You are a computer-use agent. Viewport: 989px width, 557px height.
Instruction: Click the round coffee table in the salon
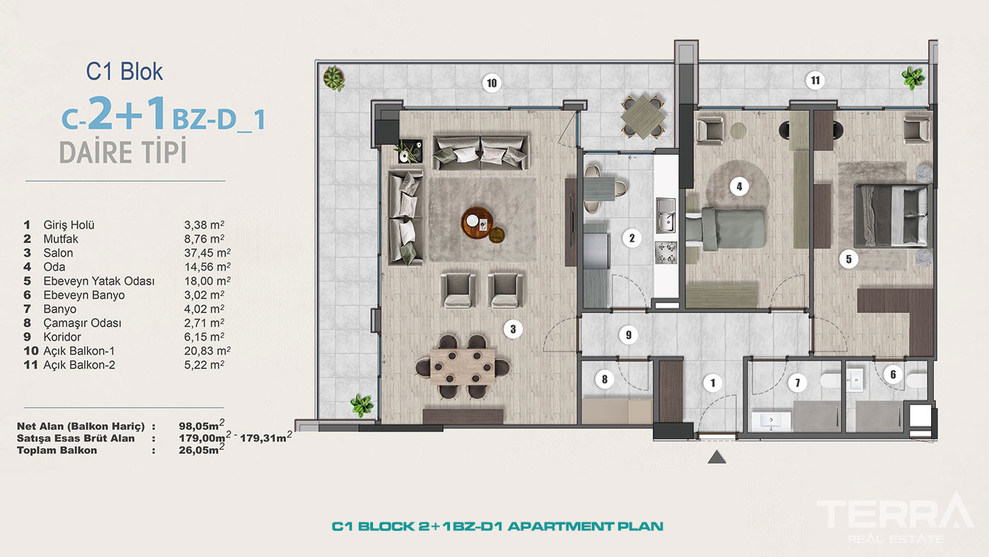(476, 222)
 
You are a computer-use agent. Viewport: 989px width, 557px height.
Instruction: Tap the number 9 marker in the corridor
(628, 335)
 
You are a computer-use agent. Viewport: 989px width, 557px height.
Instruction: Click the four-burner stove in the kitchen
(665, 253)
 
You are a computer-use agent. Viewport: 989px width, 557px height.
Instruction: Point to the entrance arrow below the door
(716, 457)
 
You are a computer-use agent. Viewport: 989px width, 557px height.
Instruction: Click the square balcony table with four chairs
(642, 117)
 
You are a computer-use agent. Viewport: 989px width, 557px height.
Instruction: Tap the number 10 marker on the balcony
(492, 83)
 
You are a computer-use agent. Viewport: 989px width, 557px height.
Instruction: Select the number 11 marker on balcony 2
(815, 81)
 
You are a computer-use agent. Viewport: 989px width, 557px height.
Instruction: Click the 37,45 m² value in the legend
(207, 252)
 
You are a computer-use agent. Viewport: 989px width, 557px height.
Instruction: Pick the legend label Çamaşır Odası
(82, 323)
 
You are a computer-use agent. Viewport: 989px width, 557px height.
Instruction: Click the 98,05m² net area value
(202, 425)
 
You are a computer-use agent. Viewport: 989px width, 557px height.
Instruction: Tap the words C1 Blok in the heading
(124, 71)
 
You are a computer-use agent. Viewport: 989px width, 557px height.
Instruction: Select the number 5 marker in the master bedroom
(848, 259)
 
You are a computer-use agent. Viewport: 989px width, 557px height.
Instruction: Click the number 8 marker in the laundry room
(605, 379)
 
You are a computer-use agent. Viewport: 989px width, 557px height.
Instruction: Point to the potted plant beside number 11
(913, 78)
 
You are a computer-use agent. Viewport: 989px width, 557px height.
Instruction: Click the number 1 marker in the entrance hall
(712, 382)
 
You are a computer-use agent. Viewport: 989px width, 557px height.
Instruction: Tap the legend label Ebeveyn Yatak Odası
(99, 281)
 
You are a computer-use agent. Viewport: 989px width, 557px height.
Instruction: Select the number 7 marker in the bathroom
(797, 382)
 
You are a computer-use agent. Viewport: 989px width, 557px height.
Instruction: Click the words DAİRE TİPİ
(123, 151)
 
